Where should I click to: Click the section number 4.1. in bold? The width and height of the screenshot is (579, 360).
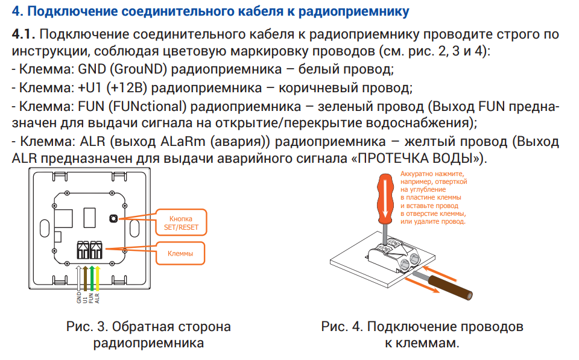point(24,34)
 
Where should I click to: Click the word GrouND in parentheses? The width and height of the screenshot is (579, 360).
point(131,69)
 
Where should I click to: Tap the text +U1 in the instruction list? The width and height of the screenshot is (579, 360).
point(91,87)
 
